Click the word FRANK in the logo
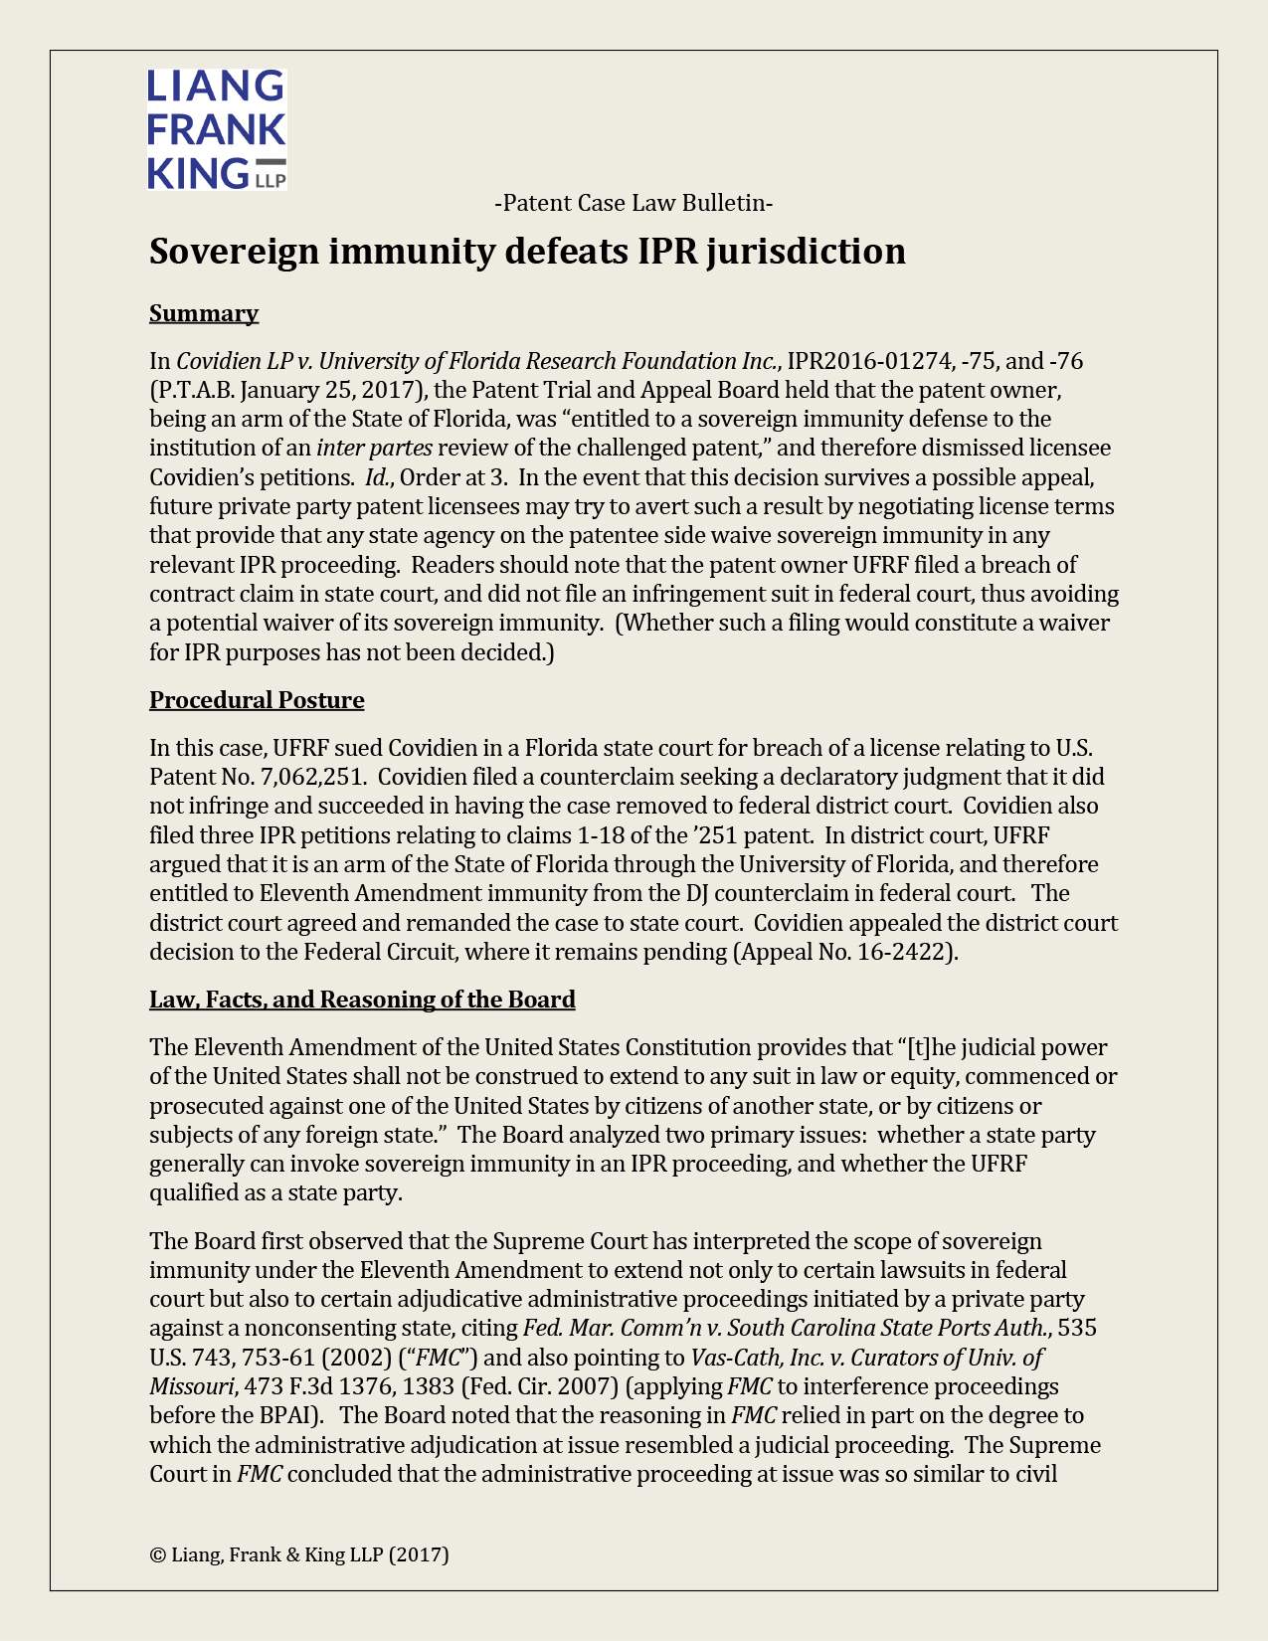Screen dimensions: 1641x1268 pos(216,129)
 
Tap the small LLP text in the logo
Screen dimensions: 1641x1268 pos(271,181)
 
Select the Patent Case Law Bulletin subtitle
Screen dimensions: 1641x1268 pos(634,203)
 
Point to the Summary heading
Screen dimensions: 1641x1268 pos(204,313)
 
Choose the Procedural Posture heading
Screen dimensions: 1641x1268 pos(257,700)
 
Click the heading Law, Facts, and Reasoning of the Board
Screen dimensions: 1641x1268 pos(362,1000)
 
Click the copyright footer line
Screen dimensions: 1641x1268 pos(299,1554)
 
